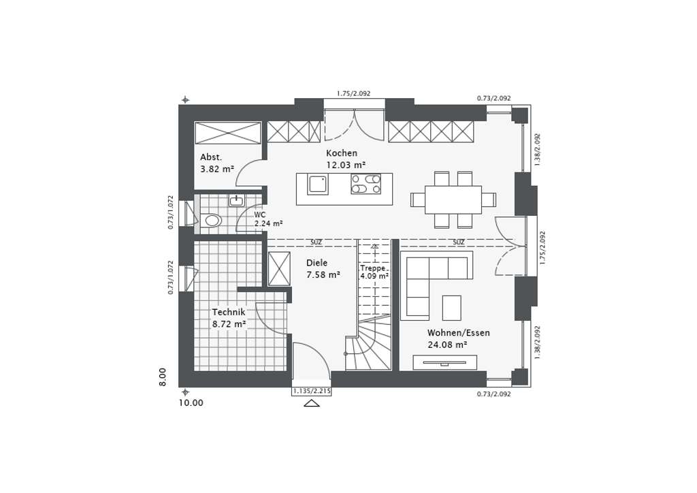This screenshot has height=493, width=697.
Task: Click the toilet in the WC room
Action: (x=212, y=221)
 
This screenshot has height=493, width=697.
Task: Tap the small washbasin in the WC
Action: (x=236, y=200)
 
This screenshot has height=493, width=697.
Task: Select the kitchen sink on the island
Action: (x=318, y=184)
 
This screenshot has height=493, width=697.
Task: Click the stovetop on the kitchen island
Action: (x=366, y=184)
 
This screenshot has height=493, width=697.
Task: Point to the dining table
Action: (x=453, y=200)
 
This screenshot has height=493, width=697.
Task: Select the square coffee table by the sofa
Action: (x=451, y=307)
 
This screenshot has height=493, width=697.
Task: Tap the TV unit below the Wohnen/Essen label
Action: (x=444, y=362)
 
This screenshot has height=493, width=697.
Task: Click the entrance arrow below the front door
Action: (x=312, y=403)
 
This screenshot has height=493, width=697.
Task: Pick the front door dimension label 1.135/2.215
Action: (x=312, y=391)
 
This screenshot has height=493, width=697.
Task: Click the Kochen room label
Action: (x=341, y=153)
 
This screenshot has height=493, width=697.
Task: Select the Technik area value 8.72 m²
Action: (x=229, y=325)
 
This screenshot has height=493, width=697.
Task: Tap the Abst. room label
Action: (x=211, y=157)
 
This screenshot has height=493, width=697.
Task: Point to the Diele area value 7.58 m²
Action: (x=323, y=275)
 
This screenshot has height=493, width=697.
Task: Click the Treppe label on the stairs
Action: (x=374, y=268)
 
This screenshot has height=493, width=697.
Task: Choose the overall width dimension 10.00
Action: (x=191, y=403)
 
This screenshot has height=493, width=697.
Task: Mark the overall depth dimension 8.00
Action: (x=163, y=377)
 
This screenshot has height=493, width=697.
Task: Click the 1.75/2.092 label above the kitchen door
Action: (x=353, y=94)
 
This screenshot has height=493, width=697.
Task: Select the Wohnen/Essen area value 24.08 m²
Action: (x=447, y=345)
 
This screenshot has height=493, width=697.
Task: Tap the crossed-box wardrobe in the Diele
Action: (x=279, y=269)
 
